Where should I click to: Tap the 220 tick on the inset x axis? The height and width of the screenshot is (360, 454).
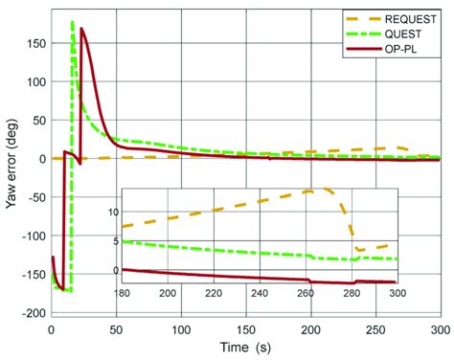209,292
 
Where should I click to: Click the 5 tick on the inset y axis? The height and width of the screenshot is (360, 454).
116,240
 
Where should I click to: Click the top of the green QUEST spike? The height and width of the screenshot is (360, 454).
73,21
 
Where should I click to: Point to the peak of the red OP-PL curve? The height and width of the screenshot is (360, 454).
82,29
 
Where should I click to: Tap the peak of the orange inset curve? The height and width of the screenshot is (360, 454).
311,190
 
